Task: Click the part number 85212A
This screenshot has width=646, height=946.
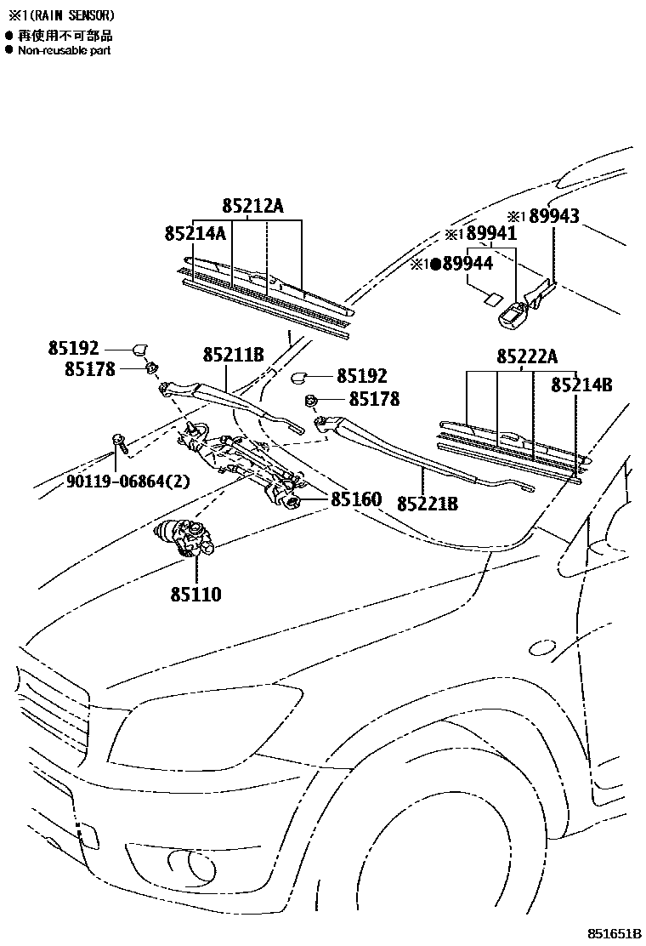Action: coord(252,206)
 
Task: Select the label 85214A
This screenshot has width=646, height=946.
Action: coord(195,233)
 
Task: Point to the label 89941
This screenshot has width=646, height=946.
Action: coord(491,234)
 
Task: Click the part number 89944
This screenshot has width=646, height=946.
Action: coord(467,265)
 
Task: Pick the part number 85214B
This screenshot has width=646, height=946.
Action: coord(581,385)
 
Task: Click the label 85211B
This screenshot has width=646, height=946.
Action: coord(233,354)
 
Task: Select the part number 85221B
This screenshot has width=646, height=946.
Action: coord(427,504)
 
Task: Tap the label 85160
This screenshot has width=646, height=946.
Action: coord(356,499)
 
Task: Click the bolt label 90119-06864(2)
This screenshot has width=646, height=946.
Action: coord(128,482)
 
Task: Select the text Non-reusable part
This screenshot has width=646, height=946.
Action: coord(65,50)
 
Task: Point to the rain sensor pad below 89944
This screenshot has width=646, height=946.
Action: coord(488,298)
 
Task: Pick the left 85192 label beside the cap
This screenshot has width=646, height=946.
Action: coord(74,347)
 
